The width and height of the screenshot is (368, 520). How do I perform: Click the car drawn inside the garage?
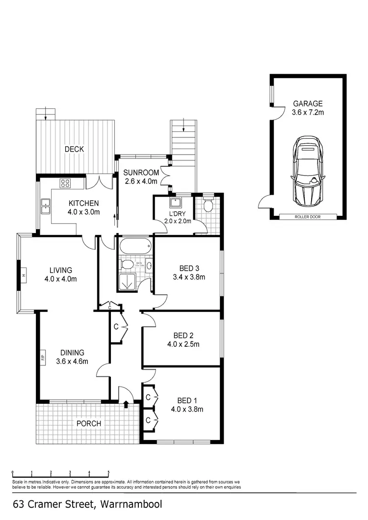click(308, 172)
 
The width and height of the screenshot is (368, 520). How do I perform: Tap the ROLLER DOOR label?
click(308, 216)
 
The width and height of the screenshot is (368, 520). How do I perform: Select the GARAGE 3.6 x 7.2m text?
click(308, 108)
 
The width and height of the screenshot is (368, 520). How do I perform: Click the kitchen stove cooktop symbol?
click(66, 183)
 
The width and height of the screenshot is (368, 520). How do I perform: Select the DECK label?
click(74, 149)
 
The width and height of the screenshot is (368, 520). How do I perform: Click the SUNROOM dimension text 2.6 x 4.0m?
click(140, 181)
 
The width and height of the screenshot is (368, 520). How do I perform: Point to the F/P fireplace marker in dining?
click(43, 357)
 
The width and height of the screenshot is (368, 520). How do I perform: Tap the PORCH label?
click(89, 423)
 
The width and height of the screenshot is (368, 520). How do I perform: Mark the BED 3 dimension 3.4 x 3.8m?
click(188, 277)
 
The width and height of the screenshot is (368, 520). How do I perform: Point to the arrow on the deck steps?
click(46, 115)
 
